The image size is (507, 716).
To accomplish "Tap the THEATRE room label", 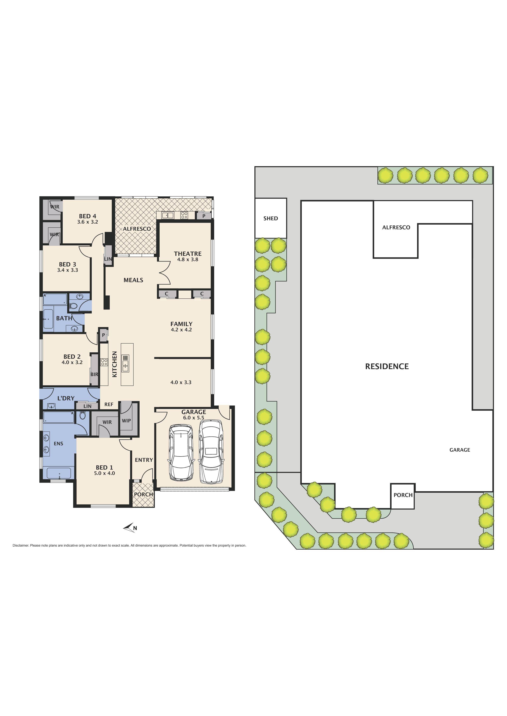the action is click(188, 254).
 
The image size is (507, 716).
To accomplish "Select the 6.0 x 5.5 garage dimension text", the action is click(194, 418).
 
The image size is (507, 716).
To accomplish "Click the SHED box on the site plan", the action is click(271, 218).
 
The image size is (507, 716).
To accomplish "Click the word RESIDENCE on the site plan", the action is click(387, 366).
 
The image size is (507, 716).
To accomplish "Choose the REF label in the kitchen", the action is click(109, 404).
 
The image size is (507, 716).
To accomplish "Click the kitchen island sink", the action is click(125, 363).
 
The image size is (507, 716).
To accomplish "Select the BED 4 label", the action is click(87, 216).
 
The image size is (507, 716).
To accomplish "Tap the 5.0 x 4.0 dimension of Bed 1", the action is click(104, 473).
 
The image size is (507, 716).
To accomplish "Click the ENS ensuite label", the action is click(58, 443).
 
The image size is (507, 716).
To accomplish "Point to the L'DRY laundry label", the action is click(66, 398).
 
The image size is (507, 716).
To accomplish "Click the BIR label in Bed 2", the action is click(94, 374).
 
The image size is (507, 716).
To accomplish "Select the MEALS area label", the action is click(133, 280).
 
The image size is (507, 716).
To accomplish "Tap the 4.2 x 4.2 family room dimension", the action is click(181, 330).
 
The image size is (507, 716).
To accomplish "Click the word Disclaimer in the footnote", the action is click(21, 545).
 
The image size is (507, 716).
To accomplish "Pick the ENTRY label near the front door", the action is click(144, 460).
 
